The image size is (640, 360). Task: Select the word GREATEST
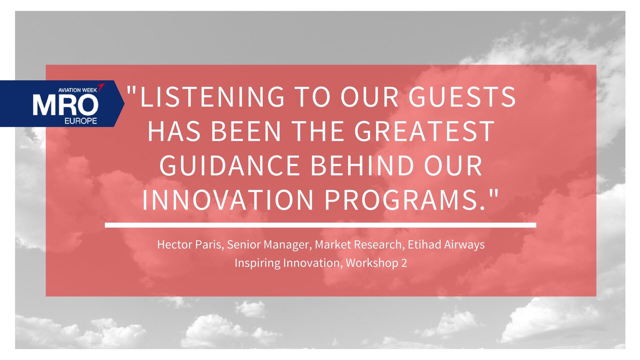pyautogui.click(x=424, y=131)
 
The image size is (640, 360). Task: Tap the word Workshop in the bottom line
pyautogui.click(x=372, y=263)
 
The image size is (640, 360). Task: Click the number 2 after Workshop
pyautogui.click(x=404, y=263)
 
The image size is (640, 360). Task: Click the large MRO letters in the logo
pyautogui.click(x=65, y=105)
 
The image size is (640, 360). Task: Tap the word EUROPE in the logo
pyautogui.click(x=80, y=121)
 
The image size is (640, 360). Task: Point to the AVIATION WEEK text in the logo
pyautogui.click(x=77, y=90)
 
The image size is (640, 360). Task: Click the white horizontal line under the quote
pyautogui.click(x=320, y=225)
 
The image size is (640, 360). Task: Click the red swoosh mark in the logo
pyautogui.click(x=101, y=87)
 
